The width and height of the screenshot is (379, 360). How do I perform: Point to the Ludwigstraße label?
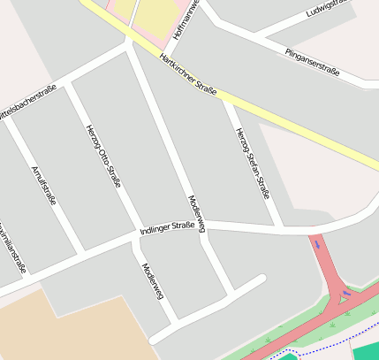(329, 9)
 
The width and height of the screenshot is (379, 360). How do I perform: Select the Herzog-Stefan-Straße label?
(252, 164)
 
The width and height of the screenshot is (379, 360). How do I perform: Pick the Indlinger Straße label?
(167, 228)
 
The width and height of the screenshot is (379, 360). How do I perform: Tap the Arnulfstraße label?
(43, 185)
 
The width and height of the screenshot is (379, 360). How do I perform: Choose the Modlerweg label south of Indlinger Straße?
(152, 280)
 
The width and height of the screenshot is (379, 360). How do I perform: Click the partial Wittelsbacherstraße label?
(28, 100)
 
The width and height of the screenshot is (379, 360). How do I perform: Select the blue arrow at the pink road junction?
(345, 291)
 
